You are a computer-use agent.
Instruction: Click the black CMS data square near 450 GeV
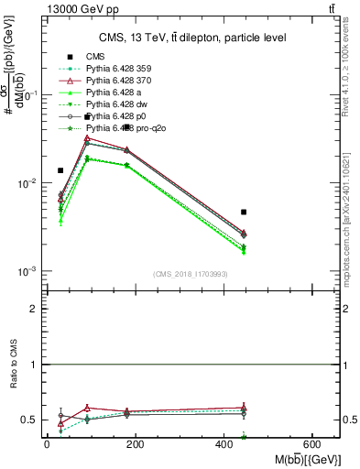click(244, 212)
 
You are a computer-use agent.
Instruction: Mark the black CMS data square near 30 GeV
click(60, 170)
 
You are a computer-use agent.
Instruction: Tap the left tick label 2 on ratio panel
click(33, 309)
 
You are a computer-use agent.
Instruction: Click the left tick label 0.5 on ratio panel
click(29, 420)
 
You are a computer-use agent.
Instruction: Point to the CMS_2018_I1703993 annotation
click(190, 274)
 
